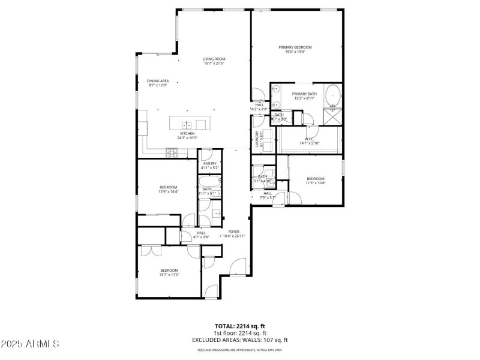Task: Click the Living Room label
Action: [x=214, y=59]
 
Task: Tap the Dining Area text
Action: [x=158, y=81]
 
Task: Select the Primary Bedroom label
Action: [x=295, y=47]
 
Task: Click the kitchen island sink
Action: [x=187, y=125]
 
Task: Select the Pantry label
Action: [x=210, y=163]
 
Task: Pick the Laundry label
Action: [x=257, y=139]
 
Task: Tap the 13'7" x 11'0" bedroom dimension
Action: [x=169, y=275]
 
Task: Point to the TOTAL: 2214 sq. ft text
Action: [x=239, y=326]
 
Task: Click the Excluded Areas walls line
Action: [x=239, y=340]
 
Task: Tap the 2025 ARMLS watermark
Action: [x=30, y=344]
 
